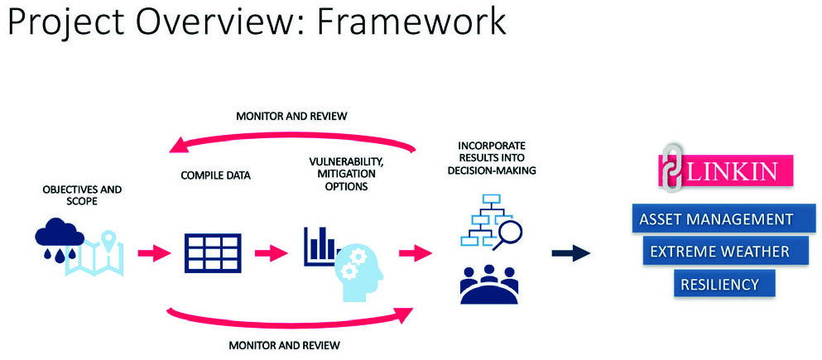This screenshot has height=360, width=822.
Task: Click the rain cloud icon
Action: pyautogui.click(x=60, y=238)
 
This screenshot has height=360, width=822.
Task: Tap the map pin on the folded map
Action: pyautogui.click(x=108, y=241)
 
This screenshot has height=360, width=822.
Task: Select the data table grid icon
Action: pyautogui.click(x=212, y=252)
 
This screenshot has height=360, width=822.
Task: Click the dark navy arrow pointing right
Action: pyautogui.click(x=571, y=253)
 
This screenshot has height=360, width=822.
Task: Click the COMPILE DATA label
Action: pyautogui.click(x=215, y=175)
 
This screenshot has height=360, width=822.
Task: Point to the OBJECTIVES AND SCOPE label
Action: pyautogui.click(x=82, y=194)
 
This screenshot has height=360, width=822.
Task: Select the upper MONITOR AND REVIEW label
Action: pyautogui.click(x=291, y=117)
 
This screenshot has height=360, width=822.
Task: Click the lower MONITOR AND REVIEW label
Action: pyautogui.click(x=284, y=345)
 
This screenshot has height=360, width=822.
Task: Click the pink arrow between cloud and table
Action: pyautogui.click(x=154, y=253)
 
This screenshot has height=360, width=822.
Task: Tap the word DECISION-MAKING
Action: pyautogui.click(x=492, y=170)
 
